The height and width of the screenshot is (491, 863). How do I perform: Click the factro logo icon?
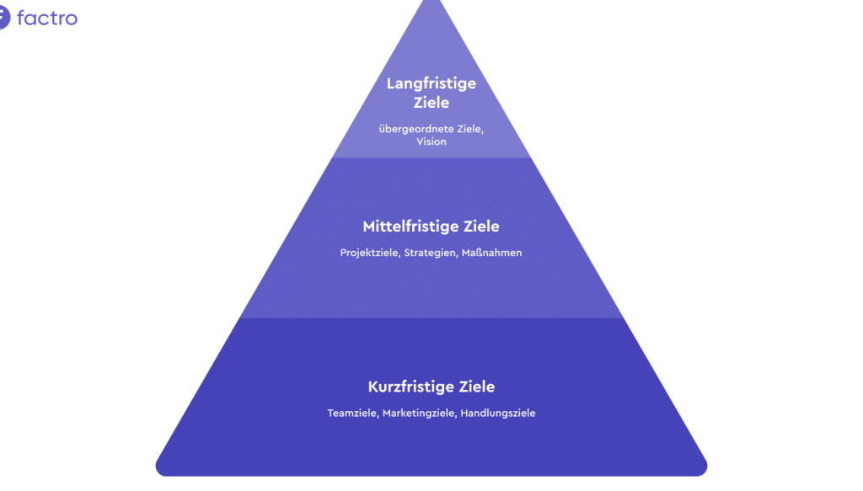tap(3, 17)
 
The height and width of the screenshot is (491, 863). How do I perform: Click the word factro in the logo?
tap(47, 17)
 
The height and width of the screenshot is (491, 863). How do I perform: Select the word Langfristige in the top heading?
tap(431, 83)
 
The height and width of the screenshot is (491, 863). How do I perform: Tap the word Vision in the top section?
tap(431, 141)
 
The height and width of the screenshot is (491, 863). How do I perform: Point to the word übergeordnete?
tap(413, 128)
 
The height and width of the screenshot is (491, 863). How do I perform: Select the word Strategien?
tap(430, 253)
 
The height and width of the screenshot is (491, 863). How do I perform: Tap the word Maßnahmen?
tap(491, 253)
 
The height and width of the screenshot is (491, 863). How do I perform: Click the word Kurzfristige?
tap(410, 387)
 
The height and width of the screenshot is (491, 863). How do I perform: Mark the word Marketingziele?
tap(416, 414)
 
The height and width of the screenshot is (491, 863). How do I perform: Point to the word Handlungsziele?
tap(498, 414)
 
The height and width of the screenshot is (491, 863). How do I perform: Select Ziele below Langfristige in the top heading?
tap(431, 103)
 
